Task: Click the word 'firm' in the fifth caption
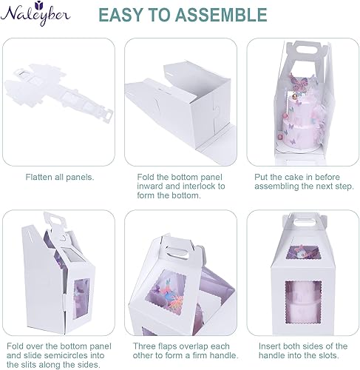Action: click(188, 356)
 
